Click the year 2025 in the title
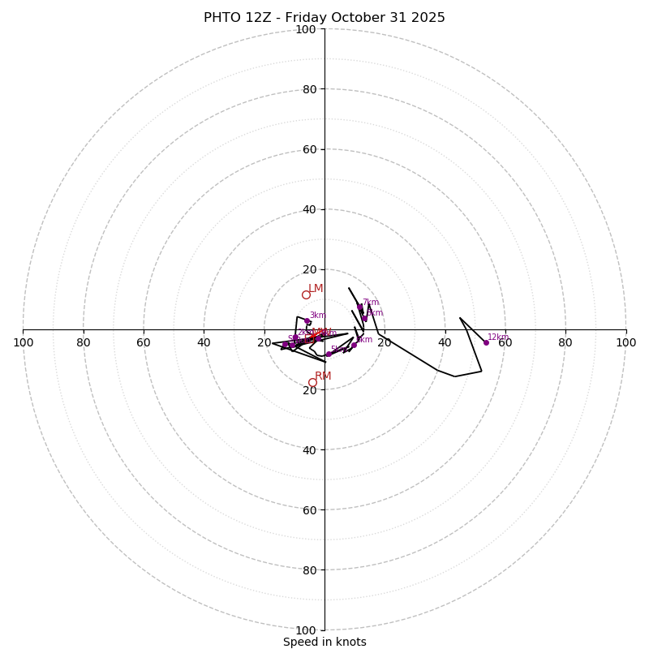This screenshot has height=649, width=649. pos(428,18)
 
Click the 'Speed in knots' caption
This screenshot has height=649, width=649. pos(324,642)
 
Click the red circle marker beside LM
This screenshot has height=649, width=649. pos(306,294)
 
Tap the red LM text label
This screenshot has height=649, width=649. pos(316,289)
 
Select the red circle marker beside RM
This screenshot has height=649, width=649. pos(312,382)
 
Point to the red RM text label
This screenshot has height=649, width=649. pos(323,376)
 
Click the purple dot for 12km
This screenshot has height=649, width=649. pos(486,342)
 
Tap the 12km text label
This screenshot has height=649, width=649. pos(498,337)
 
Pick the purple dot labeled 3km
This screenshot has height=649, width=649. pos(307,321)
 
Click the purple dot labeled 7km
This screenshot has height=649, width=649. pos(360,307)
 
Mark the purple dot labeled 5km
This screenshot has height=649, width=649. pos(329,354)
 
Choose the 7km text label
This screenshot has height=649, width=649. pos(371,303)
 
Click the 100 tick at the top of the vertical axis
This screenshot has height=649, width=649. pos(306,29)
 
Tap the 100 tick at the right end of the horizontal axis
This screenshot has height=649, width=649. pos(626,342)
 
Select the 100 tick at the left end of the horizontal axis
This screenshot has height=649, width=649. pos(23,342)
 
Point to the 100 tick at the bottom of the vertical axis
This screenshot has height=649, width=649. pos(306,630)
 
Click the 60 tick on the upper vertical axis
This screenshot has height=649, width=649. pos(309,149)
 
